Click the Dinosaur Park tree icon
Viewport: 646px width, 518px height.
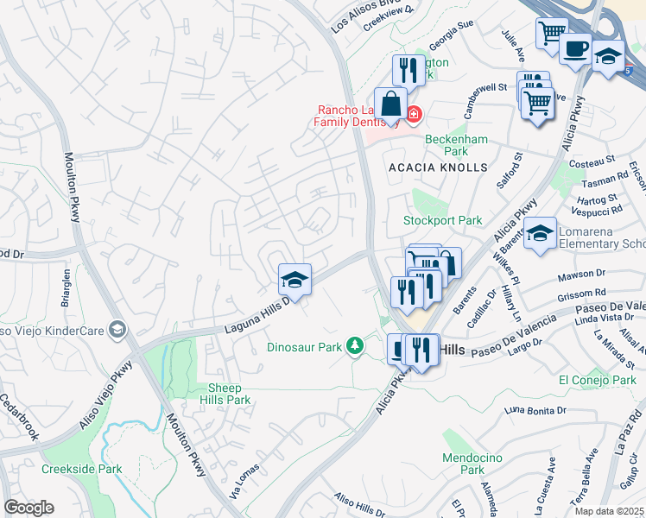click(x=353, y=346)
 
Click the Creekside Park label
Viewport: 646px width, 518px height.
click(x=81, y=469)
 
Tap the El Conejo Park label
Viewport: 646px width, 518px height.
click(x=597, y=380)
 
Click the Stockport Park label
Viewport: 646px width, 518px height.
click(x=443, y=220)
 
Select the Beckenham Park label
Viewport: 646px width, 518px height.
click(x=456, y=145)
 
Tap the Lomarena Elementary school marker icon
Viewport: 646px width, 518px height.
click(x=540, y=232)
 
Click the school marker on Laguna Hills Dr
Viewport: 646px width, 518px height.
click(x=294, y=279)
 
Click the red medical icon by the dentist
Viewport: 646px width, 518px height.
click(x=414, y=114)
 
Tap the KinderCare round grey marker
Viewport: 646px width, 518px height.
click(x=118, y=329)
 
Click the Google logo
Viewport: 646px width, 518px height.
click(x=28, y=508)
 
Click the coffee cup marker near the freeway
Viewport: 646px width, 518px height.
click(x=575, y=48)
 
